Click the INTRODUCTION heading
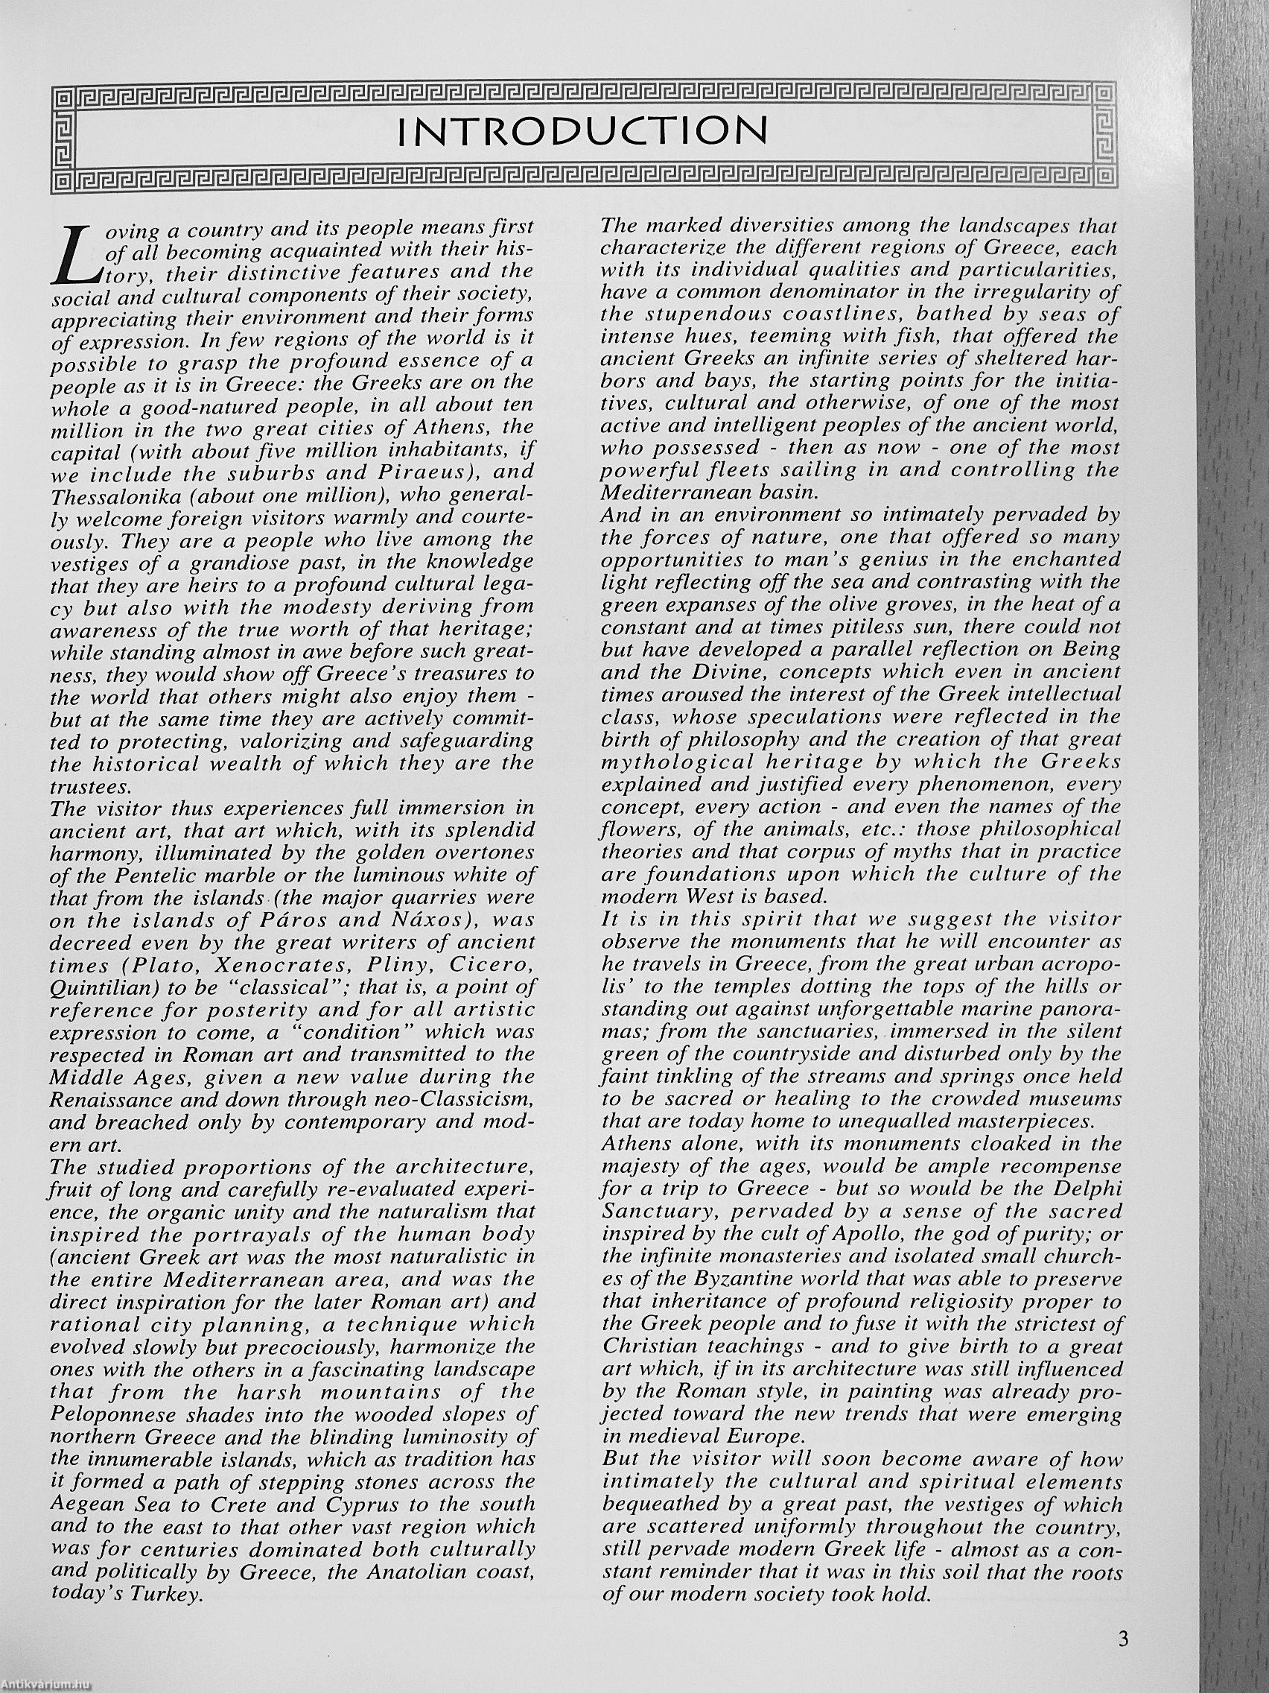coord(582,133)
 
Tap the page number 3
coord(1123,1639)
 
